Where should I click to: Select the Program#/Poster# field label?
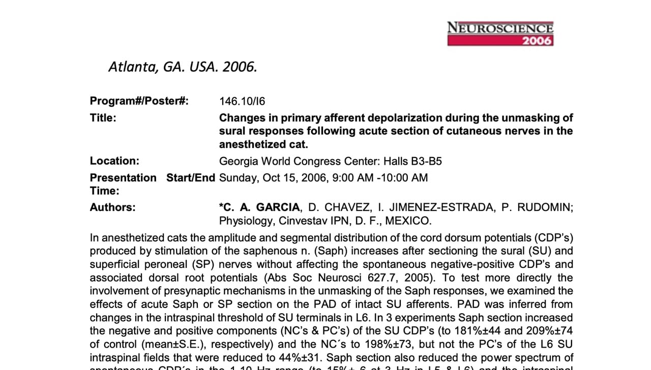click(139, 101)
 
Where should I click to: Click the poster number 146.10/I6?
click(242, 101)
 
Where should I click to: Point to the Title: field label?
click(103, 118)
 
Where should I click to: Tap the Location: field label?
click(114, 161)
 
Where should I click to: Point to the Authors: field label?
click(113, 207)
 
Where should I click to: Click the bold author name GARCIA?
click(278, 207)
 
